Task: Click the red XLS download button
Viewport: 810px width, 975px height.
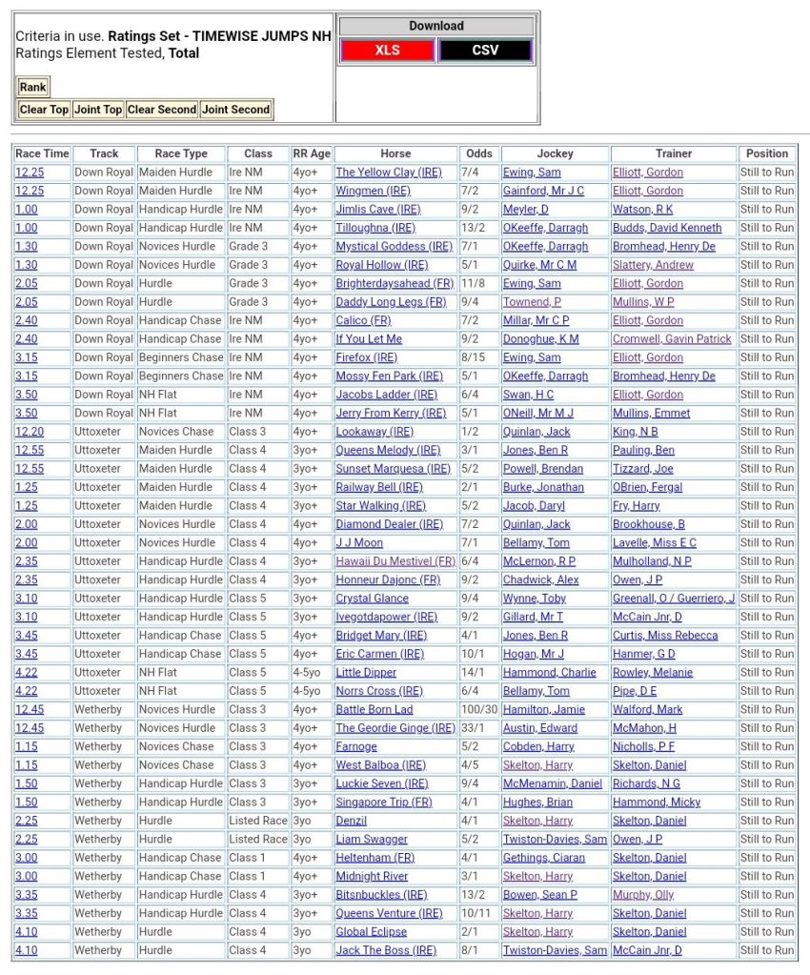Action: (x=388, y=51)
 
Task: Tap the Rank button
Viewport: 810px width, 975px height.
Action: (x=32, y=88)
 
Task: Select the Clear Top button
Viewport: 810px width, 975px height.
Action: (x=45, y=110)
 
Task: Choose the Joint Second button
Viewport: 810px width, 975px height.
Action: (x=235, y=110)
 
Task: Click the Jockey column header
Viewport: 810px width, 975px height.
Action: (x=555, y=153)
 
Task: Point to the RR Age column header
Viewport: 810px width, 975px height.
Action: (x=312, y=153)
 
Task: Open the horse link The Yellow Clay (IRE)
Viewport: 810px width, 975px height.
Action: (x=388, y=173)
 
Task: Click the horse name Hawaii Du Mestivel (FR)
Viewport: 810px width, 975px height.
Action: (x=395, y=561)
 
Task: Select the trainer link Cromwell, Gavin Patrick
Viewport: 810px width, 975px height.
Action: (x=672, y=339)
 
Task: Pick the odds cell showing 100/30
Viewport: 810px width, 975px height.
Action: (x=479, y=710)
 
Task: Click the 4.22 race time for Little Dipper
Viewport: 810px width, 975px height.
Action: (x=28, y=673)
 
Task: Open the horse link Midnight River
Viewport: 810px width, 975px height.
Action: (x=372, y=877)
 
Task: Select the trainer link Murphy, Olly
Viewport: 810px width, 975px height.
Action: (x=643, y=895)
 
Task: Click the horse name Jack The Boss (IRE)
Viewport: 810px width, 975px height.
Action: (x=386, y=950)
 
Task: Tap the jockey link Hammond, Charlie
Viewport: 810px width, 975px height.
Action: (x=550, y=673)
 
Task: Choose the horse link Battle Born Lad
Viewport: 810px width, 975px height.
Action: (x=375, y=710)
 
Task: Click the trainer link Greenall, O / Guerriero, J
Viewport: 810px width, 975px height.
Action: (x=674, y=599)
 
